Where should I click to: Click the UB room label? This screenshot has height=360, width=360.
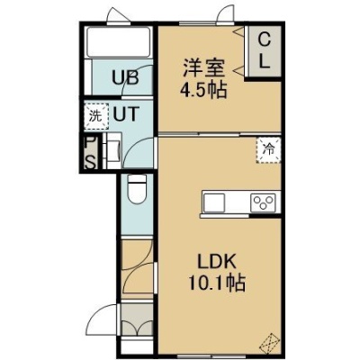pyautogui.click(x=125, y=77)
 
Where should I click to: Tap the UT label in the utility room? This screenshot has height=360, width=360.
pyautogui.click(x=126, y=114)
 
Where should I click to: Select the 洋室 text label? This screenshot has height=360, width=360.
pyautogui.click(x=203, y=68)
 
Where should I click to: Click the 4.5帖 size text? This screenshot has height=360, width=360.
pyautogui.click(x=203, y=90)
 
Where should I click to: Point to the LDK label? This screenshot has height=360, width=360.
pyautogui.click(x=217, y=262)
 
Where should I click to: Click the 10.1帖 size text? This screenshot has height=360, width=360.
pyautogui.click(x=217, y=283)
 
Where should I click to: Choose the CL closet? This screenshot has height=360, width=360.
pyautogui.click(x=264, y=51)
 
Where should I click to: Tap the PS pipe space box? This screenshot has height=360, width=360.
pyautogui.click(x=90, y=153)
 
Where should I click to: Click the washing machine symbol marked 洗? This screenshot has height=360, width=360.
pyautogui.click(x=96, y=116)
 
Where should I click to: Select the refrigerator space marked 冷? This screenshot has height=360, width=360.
pyautogui.click(x=268, y=150)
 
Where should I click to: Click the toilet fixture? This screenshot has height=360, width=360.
pyautogui.click(x=137, y=189)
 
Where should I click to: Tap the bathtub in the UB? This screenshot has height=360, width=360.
pyautogui.click(x=118, y=41)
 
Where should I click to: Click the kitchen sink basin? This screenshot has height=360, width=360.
pyautogui.click(x=214, y=202)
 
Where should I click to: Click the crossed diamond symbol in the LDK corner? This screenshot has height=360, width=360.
pyautogui.click(x=268, y=343)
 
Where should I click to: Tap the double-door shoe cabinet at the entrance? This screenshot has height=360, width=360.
pyautogui.click(x=137, y=319)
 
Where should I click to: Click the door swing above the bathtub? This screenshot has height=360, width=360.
pyautogui.click(x=119, y=15)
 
